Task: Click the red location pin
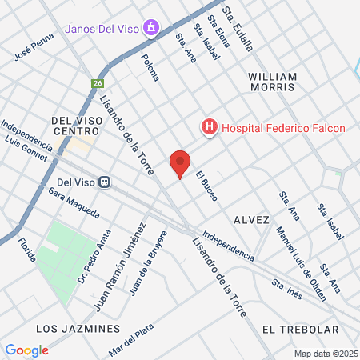[180, 163]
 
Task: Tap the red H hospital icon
[209, 126]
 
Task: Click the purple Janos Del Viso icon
[150, 30]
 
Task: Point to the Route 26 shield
[98, 82]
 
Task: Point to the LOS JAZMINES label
[78, 329]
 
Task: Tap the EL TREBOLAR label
[300, 329]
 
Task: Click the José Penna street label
[34, 47]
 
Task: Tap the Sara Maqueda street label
[73, 202]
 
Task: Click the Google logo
[26, 350]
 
